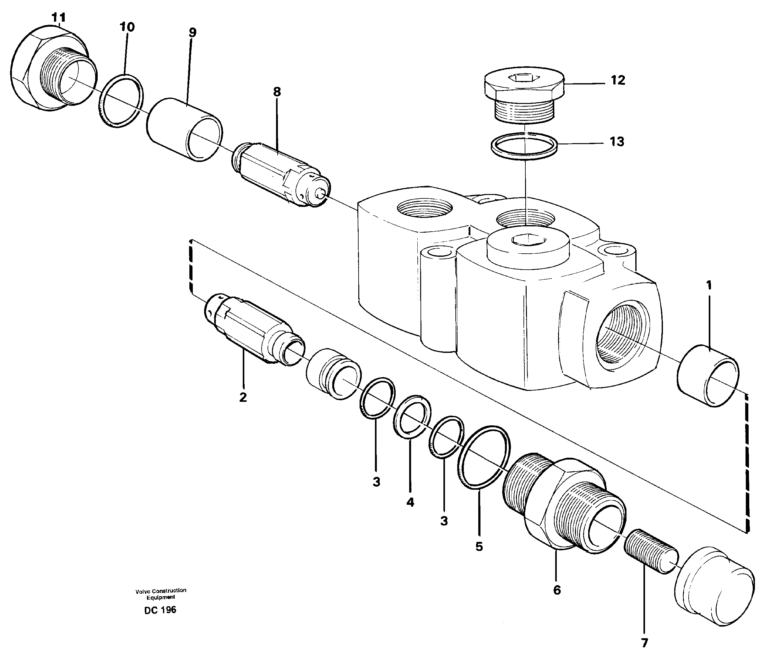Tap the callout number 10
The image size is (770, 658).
127,27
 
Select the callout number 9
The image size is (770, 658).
192,32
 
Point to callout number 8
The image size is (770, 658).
277,92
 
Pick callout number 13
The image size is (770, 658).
617,142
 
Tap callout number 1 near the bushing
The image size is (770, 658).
709,285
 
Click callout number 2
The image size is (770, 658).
243,397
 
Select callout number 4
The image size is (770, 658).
410,502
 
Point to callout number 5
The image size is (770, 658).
479,547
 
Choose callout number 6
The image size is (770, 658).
557,590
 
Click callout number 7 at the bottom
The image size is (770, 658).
644,643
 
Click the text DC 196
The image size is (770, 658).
160,610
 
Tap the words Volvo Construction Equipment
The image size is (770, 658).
160,594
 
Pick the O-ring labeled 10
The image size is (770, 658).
122,101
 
